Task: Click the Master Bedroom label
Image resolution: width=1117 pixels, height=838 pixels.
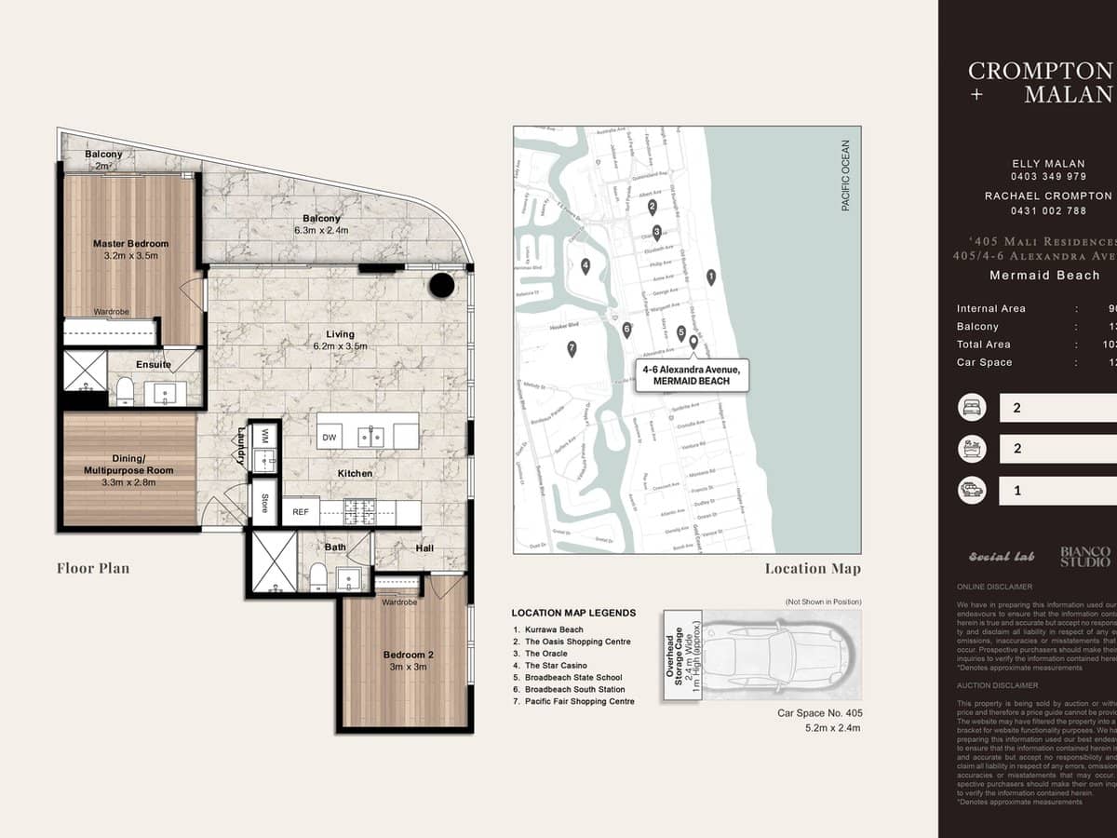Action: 130,244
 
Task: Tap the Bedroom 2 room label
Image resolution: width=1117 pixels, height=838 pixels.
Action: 408,655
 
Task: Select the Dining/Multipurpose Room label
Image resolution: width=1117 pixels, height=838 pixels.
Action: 128,465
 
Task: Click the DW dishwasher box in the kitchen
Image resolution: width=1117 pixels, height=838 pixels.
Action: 330,437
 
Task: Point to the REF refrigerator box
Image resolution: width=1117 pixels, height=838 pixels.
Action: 301,512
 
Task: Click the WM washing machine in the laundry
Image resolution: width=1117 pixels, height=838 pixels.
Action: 263,435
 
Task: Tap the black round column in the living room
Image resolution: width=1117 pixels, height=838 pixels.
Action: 441,285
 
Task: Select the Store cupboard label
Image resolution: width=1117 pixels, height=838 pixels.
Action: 264,503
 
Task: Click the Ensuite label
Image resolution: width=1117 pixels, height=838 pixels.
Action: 154,364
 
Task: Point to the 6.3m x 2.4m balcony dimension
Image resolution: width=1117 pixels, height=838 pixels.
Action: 321,230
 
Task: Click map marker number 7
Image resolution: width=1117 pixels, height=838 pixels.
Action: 572,349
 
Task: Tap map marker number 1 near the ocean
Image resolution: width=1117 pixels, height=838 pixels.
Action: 711,276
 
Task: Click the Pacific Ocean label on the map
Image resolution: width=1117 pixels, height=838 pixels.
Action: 845,175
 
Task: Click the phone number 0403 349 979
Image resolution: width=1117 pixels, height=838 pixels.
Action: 1048,176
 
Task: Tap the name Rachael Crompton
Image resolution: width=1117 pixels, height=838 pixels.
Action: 1048,196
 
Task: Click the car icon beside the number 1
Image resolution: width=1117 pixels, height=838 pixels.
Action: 973,490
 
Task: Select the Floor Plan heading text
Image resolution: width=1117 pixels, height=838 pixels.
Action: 93,568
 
